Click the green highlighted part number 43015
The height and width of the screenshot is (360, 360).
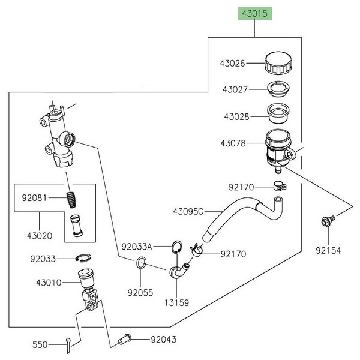(x=255, y=14)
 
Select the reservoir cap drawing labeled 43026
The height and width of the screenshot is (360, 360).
(x=278, y=63)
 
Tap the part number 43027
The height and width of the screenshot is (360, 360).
(x=235, y=89)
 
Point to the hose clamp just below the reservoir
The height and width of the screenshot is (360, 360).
(x=280, y=186)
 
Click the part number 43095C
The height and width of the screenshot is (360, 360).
(x=188, y=211)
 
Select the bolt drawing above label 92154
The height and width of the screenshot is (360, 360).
(x=328, y=221)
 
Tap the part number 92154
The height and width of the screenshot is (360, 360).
(x=328, y=250)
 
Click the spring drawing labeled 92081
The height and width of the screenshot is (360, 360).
(x=72, y=200)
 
